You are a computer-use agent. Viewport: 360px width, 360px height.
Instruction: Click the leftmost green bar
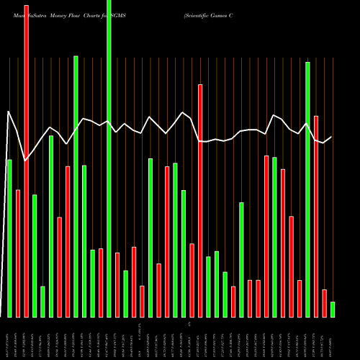pyautogui.click(x=9, y=238)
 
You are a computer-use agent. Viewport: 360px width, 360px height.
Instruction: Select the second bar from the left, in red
pyautogui.click(x=18, y=253)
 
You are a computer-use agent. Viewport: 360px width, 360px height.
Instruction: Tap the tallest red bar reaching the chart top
pyautogui.click(x=26, y=161)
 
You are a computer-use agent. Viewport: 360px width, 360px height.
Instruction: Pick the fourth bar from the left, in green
pyautogui.click(x=35, y=256)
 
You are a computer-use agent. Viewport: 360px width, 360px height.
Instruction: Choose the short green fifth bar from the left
pyautogui.click(x=42, y=302)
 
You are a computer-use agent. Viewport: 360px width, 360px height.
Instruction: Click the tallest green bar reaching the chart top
pyautogui.click(x=109, y=158)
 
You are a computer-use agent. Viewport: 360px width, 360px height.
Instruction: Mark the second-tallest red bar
pyautogui.click(x=200, y=201)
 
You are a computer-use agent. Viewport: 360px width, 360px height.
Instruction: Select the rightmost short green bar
pyautogui.click(x=333, y=309)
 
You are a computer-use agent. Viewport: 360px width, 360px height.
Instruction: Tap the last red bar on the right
pyautogui.click(x=325, y=303)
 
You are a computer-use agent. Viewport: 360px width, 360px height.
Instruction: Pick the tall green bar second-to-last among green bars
pyautogui.click(x=308, y=189)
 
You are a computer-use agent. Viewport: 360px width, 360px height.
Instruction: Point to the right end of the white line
pyautogui.click(x=332, y=137)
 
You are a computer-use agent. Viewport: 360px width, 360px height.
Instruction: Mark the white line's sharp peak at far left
pyautogui.click(x=9, y=112)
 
